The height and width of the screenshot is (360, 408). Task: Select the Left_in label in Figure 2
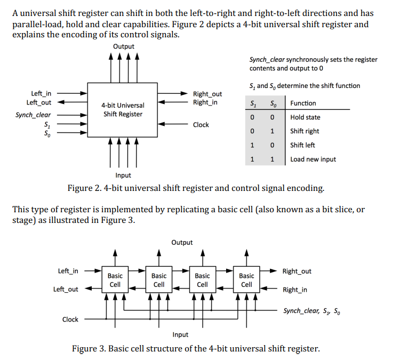point(42,93)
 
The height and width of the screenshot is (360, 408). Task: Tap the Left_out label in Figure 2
point(39,102)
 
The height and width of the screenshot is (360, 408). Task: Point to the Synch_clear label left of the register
point(33,115)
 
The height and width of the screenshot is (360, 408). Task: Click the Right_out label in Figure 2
point(207,94)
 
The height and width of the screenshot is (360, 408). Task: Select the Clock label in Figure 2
point(201,125)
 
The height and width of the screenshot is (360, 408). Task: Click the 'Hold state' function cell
point(305,117)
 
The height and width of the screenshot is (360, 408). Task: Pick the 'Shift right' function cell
point(305,131)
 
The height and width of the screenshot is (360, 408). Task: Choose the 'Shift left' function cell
point(302,145)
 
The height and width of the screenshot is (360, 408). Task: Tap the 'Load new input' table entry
point(313,159)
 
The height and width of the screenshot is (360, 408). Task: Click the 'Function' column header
point(303,103)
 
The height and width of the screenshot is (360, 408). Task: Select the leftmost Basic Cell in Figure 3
point(115,280)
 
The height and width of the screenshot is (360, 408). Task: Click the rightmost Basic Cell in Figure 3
point(246,280)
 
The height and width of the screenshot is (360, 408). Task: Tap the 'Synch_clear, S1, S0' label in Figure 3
point(311,310)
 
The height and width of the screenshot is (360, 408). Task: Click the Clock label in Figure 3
point(70,319)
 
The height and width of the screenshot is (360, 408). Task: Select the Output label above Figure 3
point(182,243)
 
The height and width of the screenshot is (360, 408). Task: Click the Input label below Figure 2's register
point(123,175)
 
